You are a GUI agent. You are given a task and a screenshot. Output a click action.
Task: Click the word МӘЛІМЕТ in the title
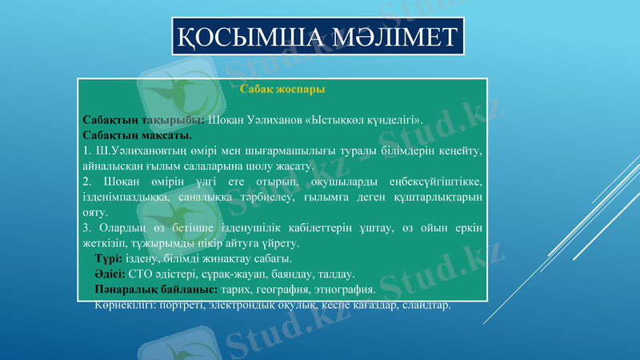(390, 37)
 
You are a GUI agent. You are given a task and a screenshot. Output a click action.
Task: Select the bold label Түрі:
(108, 258)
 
